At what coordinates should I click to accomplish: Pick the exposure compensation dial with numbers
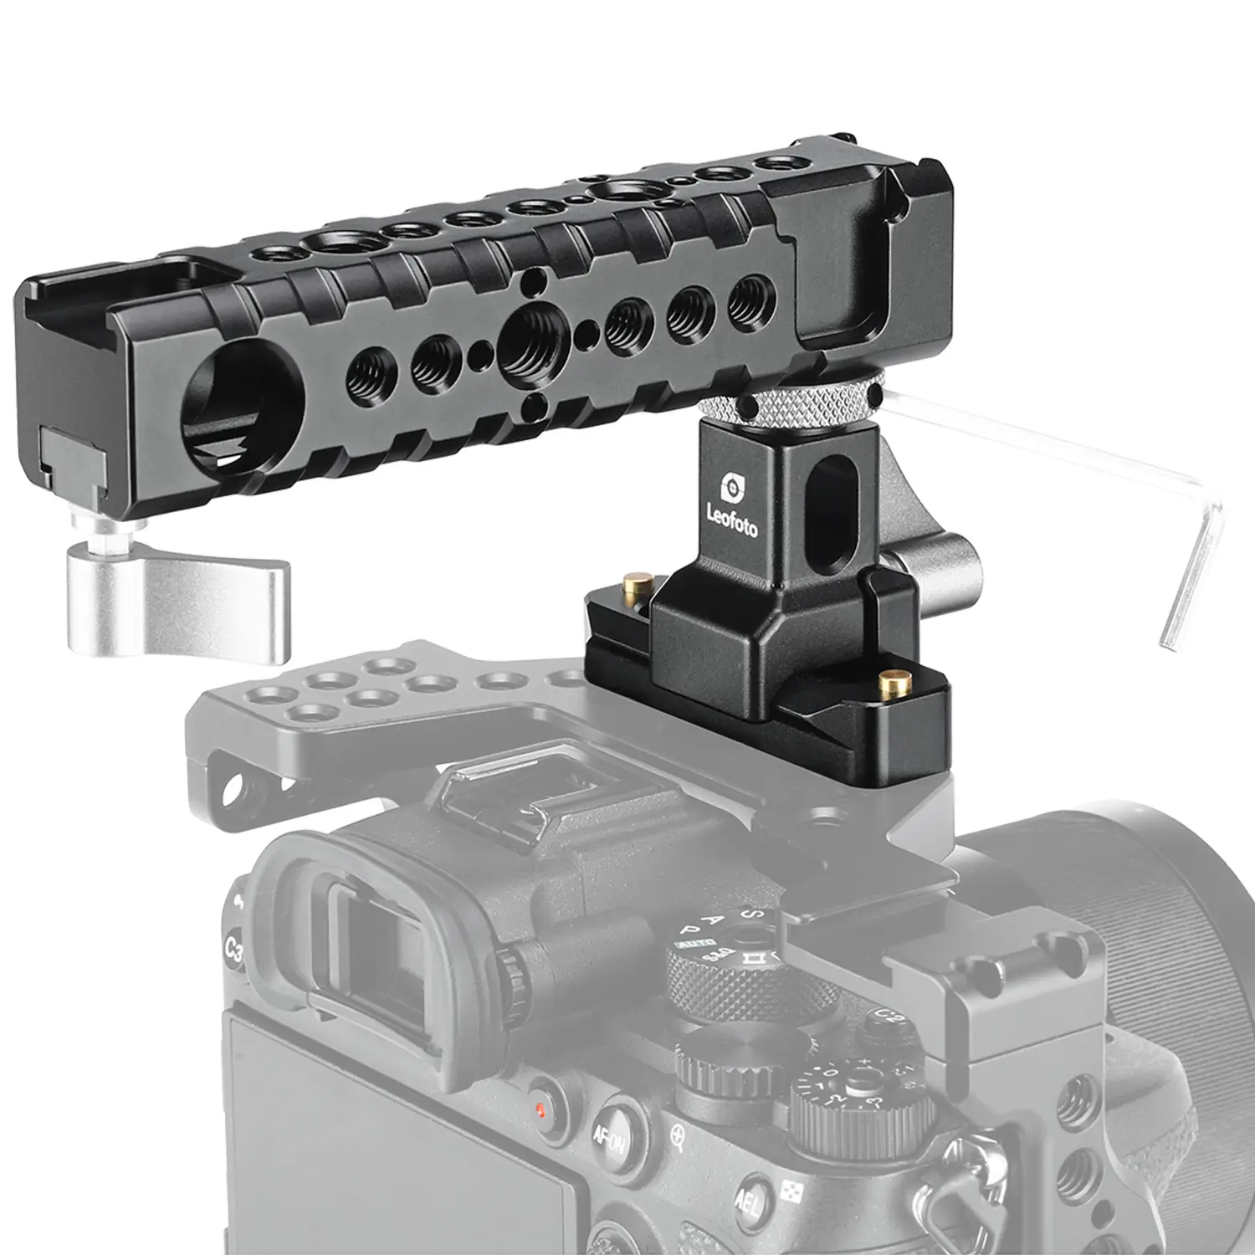pyautogui.click(x=858, y=1104)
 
